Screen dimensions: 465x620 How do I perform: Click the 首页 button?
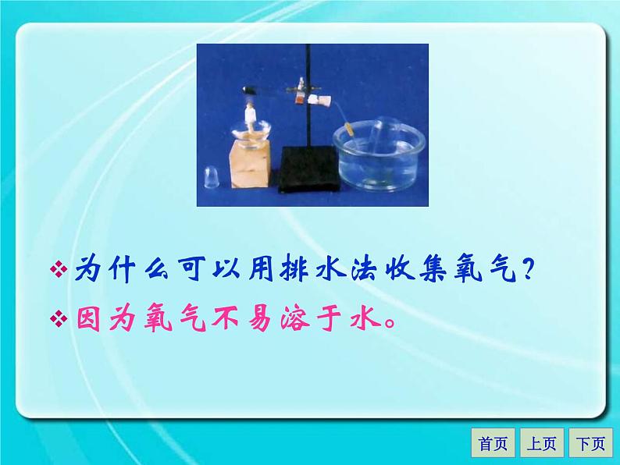(493, 444)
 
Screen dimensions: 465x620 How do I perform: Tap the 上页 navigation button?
(541, 444)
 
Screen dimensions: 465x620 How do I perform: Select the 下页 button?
(590, 444)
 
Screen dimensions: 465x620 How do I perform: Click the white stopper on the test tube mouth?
(317, 100)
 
